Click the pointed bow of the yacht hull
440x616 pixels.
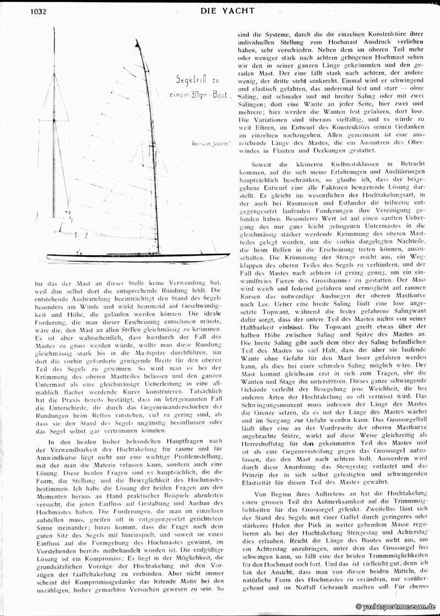coord(228,255)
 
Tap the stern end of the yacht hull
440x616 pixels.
coord(48,255)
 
